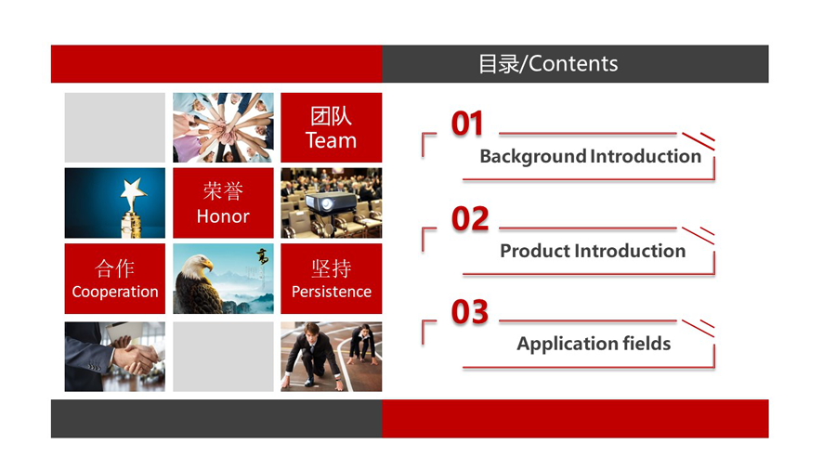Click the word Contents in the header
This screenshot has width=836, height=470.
pos(573,64)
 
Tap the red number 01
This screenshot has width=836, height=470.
pos(467,124)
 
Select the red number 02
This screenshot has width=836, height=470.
pos(470,218)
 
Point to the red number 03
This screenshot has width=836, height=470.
pos(470,312)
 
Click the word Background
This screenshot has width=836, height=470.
pos(533,157)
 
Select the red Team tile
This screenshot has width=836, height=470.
pos(331,127)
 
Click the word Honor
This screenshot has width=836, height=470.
pos(223,216)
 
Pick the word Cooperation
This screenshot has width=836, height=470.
pos(115,292)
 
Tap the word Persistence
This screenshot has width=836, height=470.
pos(331,292)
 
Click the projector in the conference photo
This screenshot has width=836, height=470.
pos(331,202)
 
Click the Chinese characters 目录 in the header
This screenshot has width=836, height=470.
pos(499,64)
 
